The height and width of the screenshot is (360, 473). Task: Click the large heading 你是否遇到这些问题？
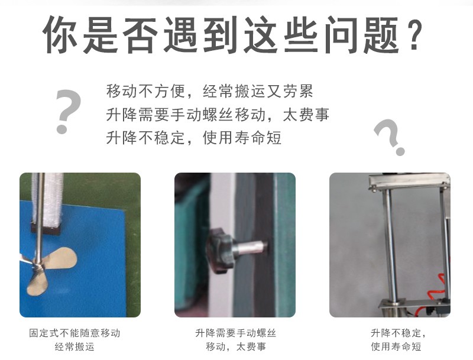click(x=232, y=35)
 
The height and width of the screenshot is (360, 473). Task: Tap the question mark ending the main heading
click(x=413, y=35)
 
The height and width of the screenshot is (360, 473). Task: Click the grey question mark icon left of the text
click(x=68, y=111)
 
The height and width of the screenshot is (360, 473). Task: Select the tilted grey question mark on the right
click(x=389, y=137)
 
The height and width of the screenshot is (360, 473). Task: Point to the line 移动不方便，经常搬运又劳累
click(x=210, y=91)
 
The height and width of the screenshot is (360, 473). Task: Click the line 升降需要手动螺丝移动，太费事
click(x=218, y=114)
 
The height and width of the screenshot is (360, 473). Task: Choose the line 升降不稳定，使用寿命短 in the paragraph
click(x=194, y=138)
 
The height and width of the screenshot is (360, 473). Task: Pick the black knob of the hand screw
click(x=219, y=251)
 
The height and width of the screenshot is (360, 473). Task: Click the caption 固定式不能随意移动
click(x=75, y=333)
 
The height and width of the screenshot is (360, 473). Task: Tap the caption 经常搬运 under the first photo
click(x=74, y=347)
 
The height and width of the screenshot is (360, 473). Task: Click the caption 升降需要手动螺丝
click(x=235, y=333)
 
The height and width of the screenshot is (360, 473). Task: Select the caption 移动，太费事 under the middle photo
click(x=236, y=347)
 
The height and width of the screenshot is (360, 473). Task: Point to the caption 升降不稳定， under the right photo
click(x=398, y=333)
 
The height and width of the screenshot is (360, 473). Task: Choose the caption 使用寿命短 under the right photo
click(x=396, y=347)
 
